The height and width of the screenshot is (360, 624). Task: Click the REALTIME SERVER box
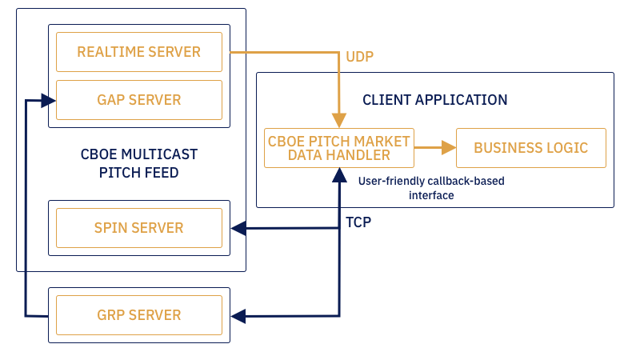(x=139, y=52)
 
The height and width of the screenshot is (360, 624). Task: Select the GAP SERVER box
(x=139, y=100)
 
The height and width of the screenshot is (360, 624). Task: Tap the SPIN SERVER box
(x=139, y=228)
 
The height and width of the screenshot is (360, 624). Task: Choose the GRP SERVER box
(x=139, y=314)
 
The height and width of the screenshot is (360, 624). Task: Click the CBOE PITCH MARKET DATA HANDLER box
(x=339, y=148)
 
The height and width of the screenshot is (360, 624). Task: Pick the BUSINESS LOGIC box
(x=530, y=148)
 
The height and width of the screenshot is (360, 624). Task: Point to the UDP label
(x=359, y=57)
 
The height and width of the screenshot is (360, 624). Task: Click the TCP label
(x=358, y=222)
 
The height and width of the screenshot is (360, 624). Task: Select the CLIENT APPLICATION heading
(x=434, y=100)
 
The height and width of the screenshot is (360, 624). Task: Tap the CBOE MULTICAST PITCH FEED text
(x=139, y=163)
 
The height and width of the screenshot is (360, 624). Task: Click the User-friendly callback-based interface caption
(x=431, y=188)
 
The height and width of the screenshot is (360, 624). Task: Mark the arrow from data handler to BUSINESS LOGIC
(x=434, y=148)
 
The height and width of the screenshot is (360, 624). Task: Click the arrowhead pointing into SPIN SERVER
(x=237, y=229)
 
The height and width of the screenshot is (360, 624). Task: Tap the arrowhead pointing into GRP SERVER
(x=237, y=315)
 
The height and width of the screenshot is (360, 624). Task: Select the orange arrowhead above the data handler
(x=339, y=122)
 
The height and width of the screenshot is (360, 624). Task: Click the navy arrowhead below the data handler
(x=339, y=174)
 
